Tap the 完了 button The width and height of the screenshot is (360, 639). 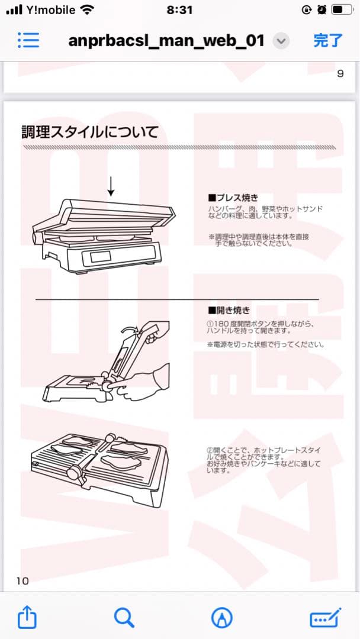327,40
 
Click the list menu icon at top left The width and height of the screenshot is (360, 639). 28,40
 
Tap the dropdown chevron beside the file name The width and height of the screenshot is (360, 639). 282,41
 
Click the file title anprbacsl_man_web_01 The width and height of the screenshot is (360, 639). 166,41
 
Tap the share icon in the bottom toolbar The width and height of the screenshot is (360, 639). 27,618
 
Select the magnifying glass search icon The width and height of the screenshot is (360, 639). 124,618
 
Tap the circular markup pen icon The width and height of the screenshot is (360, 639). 221,618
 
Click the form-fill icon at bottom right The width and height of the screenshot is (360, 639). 326,618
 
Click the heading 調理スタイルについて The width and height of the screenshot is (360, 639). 90,132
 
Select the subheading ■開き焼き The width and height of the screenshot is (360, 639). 229,309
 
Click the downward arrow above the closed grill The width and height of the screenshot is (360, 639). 111,186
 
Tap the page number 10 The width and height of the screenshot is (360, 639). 22,580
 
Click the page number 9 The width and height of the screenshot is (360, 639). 340,74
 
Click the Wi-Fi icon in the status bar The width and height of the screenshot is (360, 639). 88,10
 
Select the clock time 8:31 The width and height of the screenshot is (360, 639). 180,10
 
